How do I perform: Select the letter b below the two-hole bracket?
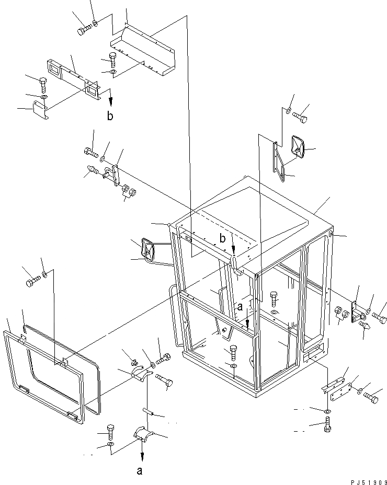click(110, 116)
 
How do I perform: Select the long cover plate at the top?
click(142, 52)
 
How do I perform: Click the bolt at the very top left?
click(83, 31)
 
